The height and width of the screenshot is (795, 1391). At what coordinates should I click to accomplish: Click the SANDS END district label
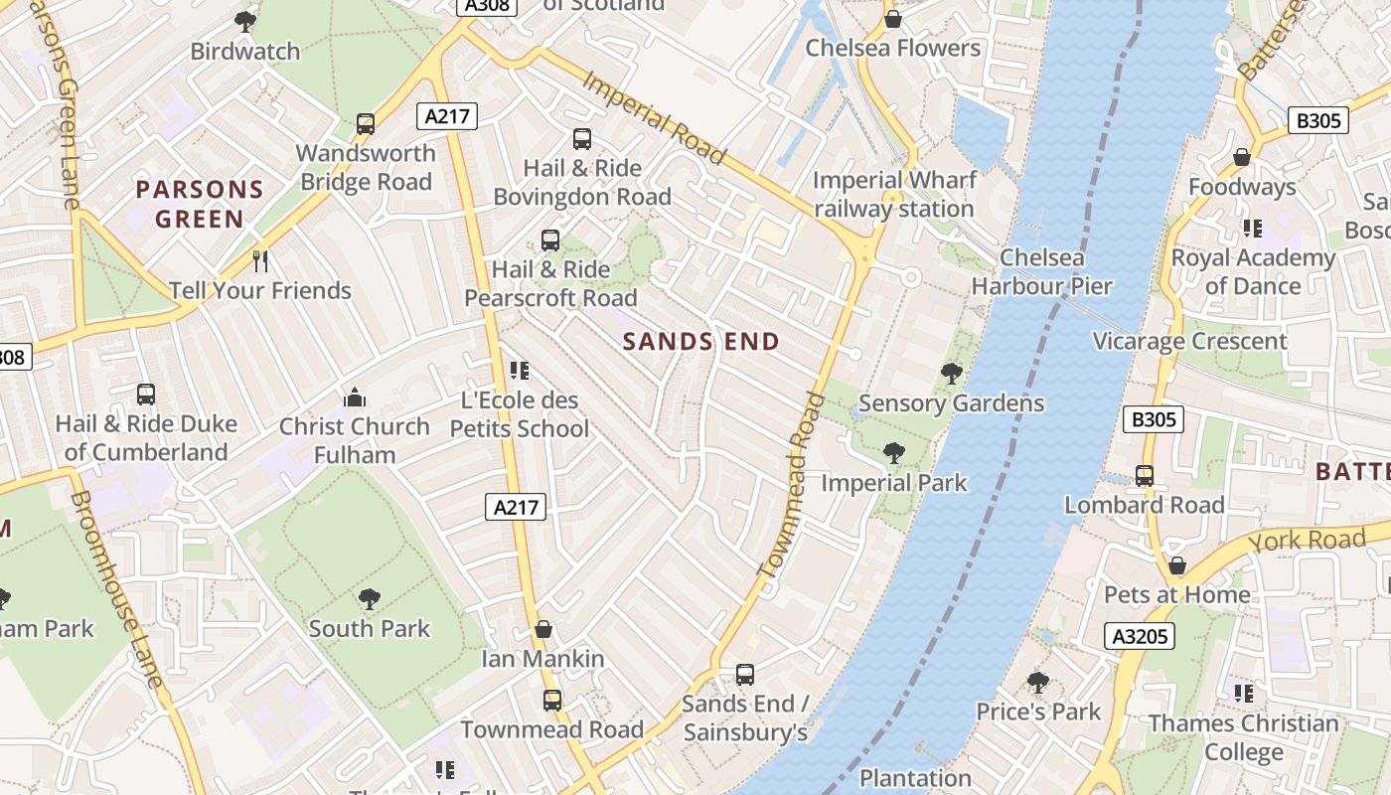(x=700, y=342)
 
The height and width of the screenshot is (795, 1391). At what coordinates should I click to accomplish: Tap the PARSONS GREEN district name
(x=200, y=204)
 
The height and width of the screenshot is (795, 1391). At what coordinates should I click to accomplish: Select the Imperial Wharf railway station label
(x=893, y=195)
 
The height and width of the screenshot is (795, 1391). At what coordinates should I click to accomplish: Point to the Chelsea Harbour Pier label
(x=1041, y=272)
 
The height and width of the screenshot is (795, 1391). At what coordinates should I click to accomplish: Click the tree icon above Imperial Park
(x=893, y=453)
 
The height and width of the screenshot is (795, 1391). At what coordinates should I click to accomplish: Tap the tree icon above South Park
(x=370, y=599)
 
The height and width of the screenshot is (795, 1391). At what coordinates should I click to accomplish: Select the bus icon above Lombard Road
(x=1145, y=476)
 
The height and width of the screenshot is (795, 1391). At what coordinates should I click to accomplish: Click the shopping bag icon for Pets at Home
(x=1177, y=565)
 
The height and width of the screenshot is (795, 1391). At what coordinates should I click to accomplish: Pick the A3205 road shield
(x=1139, y=636)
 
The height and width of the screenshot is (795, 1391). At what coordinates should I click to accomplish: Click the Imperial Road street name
(x=653, y=116)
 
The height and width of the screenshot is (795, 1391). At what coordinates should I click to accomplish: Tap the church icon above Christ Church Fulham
(x=355, y=397)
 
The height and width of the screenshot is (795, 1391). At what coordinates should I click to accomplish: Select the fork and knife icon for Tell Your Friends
(x=260, y=261)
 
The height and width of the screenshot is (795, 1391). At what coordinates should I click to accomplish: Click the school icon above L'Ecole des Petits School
(x=519, y=371)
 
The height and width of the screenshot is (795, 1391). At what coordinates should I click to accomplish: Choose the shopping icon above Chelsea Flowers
(x=892, y=19)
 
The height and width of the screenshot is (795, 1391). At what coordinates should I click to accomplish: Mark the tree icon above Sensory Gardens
(x=951, y=374)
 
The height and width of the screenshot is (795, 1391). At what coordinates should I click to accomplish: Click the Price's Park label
(x=1038, y=712)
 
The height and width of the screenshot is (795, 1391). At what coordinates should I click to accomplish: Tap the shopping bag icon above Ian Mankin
(x=543, y=629)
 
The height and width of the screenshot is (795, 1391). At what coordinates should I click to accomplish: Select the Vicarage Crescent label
(x=1189, y=342)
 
